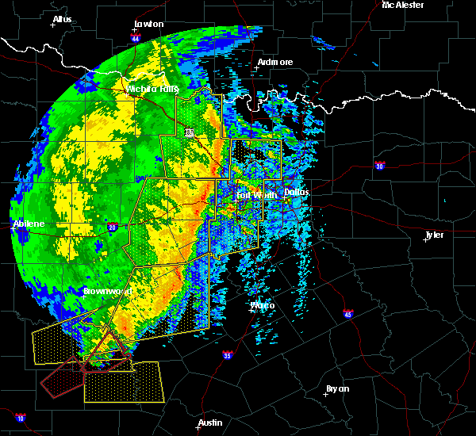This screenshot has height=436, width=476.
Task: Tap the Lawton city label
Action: [148, 24]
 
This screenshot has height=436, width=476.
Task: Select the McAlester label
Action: [402, 5]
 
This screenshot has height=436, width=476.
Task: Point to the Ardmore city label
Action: [275, 62]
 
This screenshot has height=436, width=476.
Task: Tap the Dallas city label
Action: [297, 192]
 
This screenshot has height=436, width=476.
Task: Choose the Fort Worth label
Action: [256, 194]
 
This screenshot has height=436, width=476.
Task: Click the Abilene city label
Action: [29, 224]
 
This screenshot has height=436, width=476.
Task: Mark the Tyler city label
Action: [434, 235]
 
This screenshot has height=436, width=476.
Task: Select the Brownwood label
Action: [106, 291]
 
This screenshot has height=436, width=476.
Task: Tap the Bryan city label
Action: [338, 388]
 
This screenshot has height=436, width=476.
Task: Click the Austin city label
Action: [210, 423]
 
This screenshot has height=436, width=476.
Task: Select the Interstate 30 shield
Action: [380, 166]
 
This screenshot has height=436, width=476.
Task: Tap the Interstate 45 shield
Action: [348, 315]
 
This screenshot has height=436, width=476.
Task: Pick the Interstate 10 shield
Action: [20, 418]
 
